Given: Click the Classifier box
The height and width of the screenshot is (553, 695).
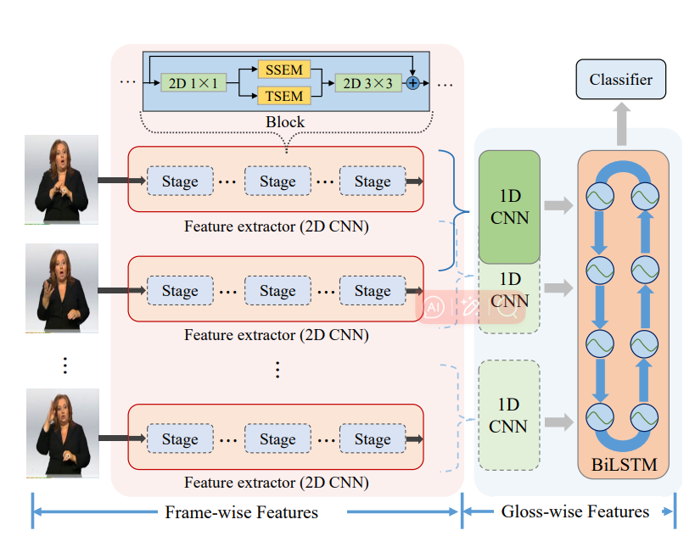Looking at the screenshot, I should tap(621, 80).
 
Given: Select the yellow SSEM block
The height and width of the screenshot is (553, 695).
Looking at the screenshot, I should tap(284, 69).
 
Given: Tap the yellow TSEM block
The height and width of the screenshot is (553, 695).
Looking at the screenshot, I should tap(284, 96).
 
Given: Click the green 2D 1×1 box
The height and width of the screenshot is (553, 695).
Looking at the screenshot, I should tap(193, 82).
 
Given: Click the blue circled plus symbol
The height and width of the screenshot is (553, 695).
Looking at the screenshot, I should tap(413, 82).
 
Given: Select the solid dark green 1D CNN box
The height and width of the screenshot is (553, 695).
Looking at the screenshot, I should tap(509, 207).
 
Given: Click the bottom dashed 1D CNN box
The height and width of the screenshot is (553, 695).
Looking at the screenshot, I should tap(509, 416).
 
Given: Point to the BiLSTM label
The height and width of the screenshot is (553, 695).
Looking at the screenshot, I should tap(624, 465).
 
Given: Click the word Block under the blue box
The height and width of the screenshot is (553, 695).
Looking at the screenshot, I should tap(285, 122).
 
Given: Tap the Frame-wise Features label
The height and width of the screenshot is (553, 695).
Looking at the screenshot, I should tap(242, 512).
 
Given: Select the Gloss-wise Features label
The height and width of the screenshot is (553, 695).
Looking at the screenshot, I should tap(575, 511).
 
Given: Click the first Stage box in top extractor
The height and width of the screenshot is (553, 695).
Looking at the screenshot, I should tap(180, 181).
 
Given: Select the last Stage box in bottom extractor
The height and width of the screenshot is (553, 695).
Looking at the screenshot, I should tap(373, 439).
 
